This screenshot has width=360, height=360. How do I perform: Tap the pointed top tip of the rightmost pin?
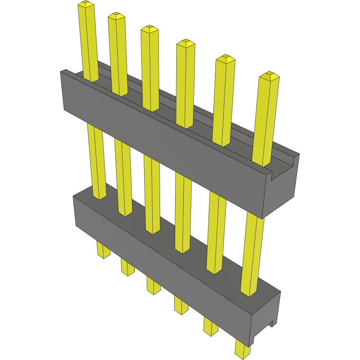269,75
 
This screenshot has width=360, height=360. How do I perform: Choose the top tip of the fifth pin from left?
225,58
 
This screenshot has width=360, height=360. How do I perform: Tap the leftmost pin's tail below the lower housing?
103,249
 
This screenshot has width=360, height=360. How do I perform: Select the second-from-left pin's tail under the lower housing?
127,267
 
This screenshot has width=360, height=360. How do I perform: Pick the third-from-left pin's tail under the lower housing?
153,286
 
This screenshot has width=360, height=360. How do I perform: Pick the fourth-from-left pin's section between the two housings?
182,212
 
